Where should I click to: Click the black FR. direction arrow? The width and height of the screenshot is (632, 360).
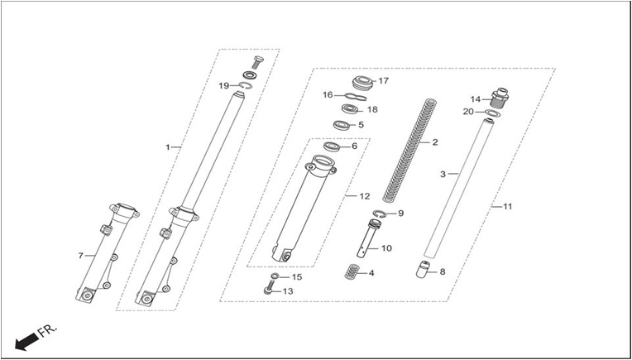26,342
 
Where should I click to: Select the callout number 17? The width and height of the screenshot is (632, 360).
383,80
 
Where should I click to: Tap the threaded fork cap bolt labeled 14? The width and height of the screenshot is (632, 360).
500,98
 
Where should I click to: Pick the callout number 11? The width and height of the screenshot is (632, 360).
507,206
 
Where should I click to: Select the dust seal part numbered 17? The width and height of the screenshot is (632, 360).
364,82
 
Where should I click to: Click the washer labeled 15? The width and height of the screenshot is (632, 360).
275,276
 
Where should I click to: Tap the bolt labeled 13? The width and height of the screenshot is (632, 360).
269,289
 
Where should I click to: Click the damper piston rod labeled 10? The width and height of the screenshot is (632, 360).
366,238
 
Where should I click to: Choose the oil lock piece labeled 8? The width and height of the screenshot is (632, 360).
422,269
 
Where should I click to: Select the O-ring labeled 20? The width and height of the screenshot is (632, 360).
492,113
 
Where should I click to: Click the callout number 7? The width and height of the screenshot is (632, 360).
80,256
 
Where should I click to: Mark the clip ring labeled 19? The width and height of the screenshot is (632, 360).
246,85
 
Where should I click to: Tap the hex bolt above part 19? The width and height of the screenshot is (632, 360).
257,62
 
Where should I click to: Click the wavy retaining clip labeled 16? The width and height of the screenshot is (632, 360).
355,96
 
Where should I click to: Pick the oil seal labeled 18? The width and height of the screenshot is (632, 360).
349,109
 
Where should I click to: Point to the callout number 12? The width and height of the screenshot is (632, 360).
364,196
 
